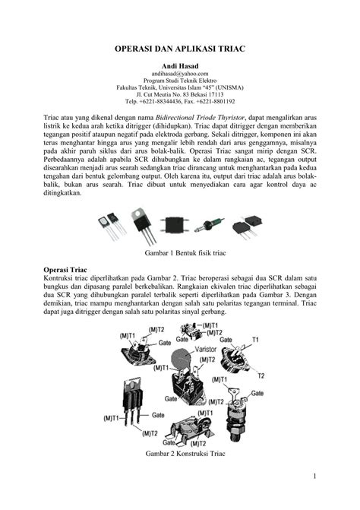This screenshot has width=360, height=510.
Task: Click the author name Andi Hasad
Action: [x=179, y=67]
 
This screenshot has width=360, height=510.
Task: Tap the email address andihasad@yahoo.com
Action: [x=179, y=75]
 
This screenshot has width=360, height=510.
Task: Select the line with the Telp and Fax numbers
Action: [x=179, y=101]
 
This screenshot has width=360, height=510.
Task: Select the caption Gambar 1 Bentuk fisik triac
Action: [x=180, y=252]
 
